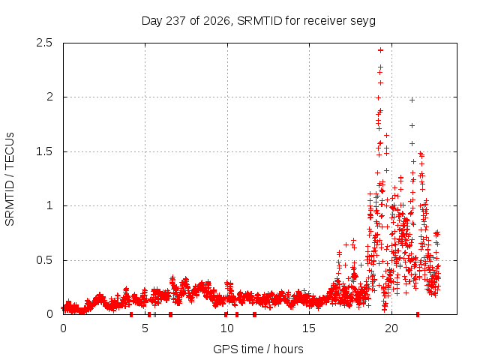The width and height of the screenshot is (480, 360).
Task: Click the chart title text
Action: click(258, 21)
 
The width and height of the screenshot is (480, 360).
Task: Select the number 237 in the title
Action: click(175, 21)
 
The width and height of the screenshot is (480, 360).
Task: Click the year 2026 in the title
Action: click(217, 21)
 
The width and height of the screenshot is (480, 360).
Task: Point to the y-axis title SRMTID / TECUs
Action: click(10, 179)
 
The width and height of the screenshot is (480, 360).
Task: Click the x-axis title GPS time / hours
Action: click(258, 349)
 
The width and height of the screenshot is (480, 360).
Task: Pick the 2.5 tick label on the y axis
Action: click(44, 43)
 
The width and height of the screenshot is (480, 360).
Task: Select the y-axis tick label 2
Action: click(49, 97)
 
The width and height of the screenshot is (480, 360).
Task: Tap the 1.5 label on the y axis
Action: click(44, 151)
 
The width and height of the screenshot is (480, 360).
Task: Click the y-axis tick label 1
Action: click(49, 205)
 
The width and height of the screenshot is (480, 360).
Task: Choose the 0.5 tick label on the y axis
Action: click(44, 260)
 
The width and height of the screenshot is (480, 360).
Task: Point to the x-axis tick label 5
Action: click(145, 328)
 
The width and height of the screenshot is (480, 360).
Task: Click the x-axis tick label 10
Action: click(227, 328)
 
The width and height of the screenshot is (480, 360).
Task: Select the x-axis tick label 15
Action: click(309, 328)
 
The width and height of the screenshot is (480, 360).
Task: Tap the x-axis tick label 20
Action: click(391, 328)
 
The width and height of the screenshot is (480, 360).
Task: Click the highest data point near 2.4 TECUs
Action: click(380, 50)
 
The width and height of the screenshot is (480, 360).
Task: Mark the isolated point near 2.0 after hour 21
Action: click(412, 100)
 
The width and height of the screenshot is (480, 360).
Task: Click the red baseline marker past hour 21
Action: click(418, 314)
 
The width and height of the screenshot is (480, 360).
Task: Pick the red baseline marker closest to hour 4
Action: click(131, 314)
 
